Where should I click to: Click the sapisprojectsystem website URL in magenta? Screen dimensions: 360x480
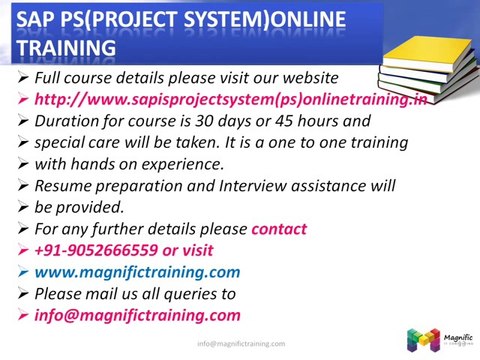[x=231, y=99]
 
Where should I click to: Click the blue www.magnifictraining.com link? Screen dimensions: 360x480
[x=137, y=272]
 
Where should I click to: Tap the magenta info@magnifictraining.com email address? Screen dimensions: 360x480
[x=137, y=315]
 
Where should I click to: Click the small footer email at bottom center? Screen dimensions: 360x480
[x=240, y=344]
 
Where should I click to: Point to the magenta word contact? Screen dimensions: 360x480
[x=279, y=229]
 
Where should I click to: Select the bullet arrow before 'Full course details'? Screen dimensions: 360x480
[x=23, y=78]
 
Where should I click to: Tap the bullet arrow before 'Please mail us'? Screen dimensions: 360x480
[x=23, y=294]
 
